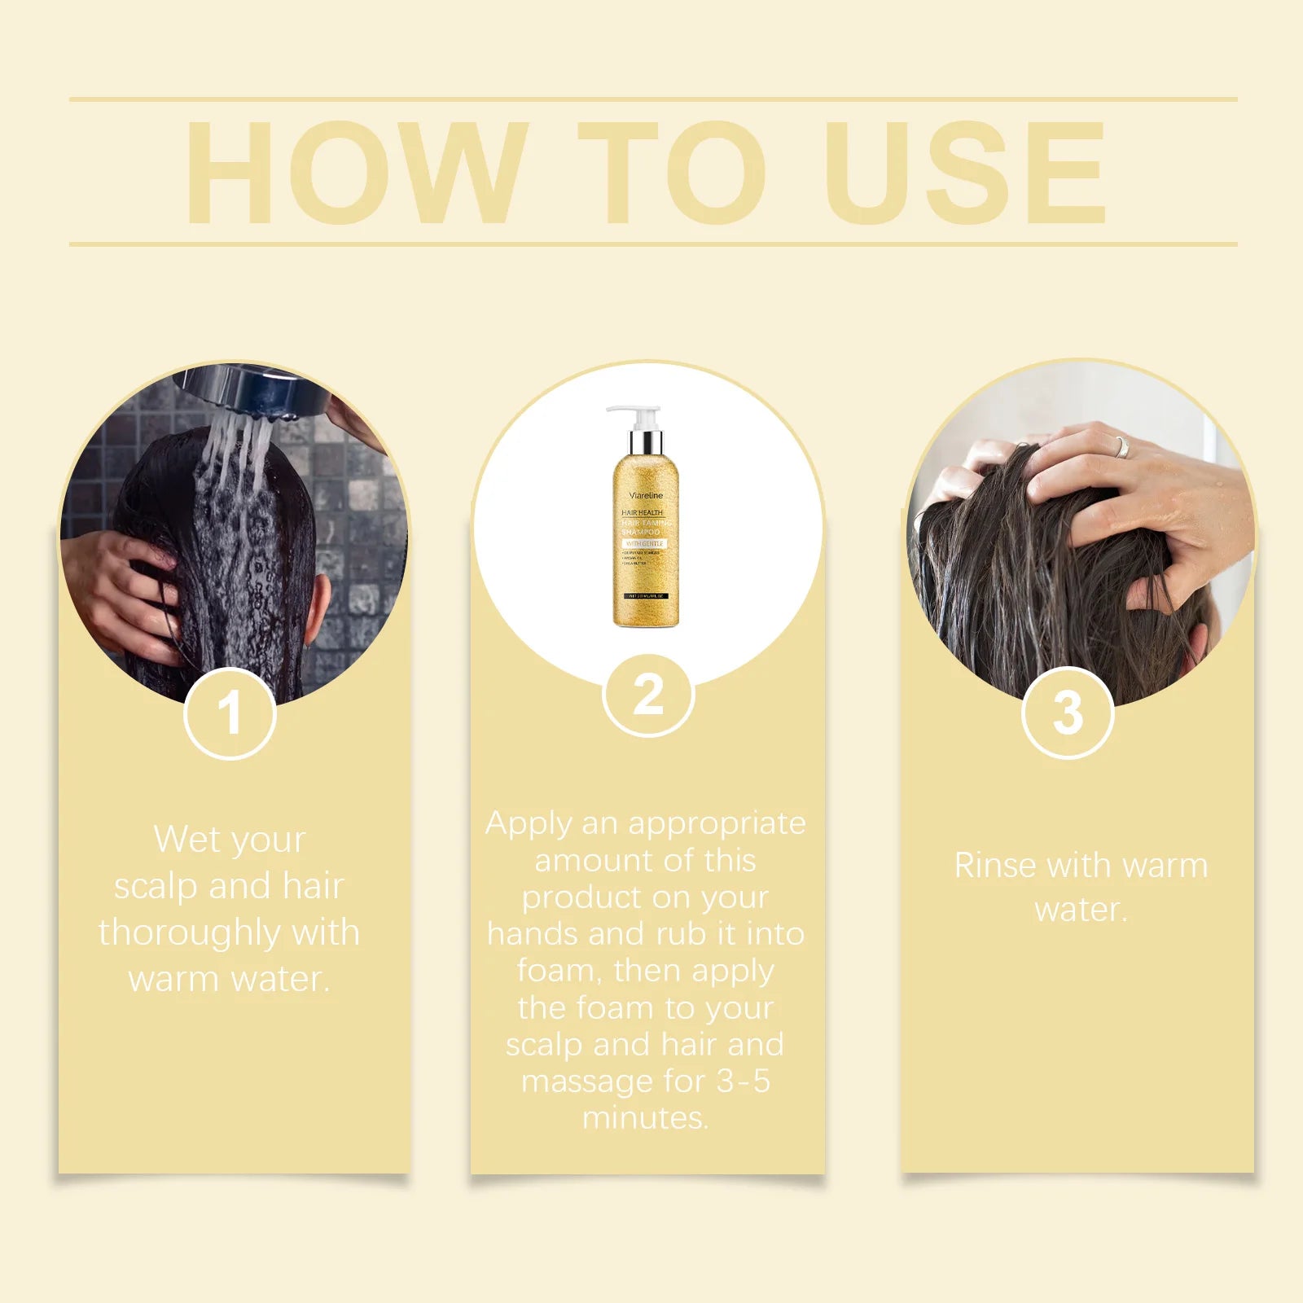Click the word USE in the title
(x=966, y=173)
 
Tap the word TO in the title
(x=673, y=173)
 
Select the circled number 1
(x=230, y=714)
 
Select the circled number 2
(x=648, y=695)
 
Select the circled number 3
(x=1068, y=713)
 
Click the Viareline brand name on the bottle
(x=647, y=494)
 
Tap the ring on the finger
(x=1122, y=447)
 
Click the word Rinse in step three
(x=996, y=866)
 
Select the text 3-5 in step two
(x=743, y=1081)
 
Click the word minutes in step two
(x=645, y=1118)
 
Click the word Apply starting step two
(x=529, y=824)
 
